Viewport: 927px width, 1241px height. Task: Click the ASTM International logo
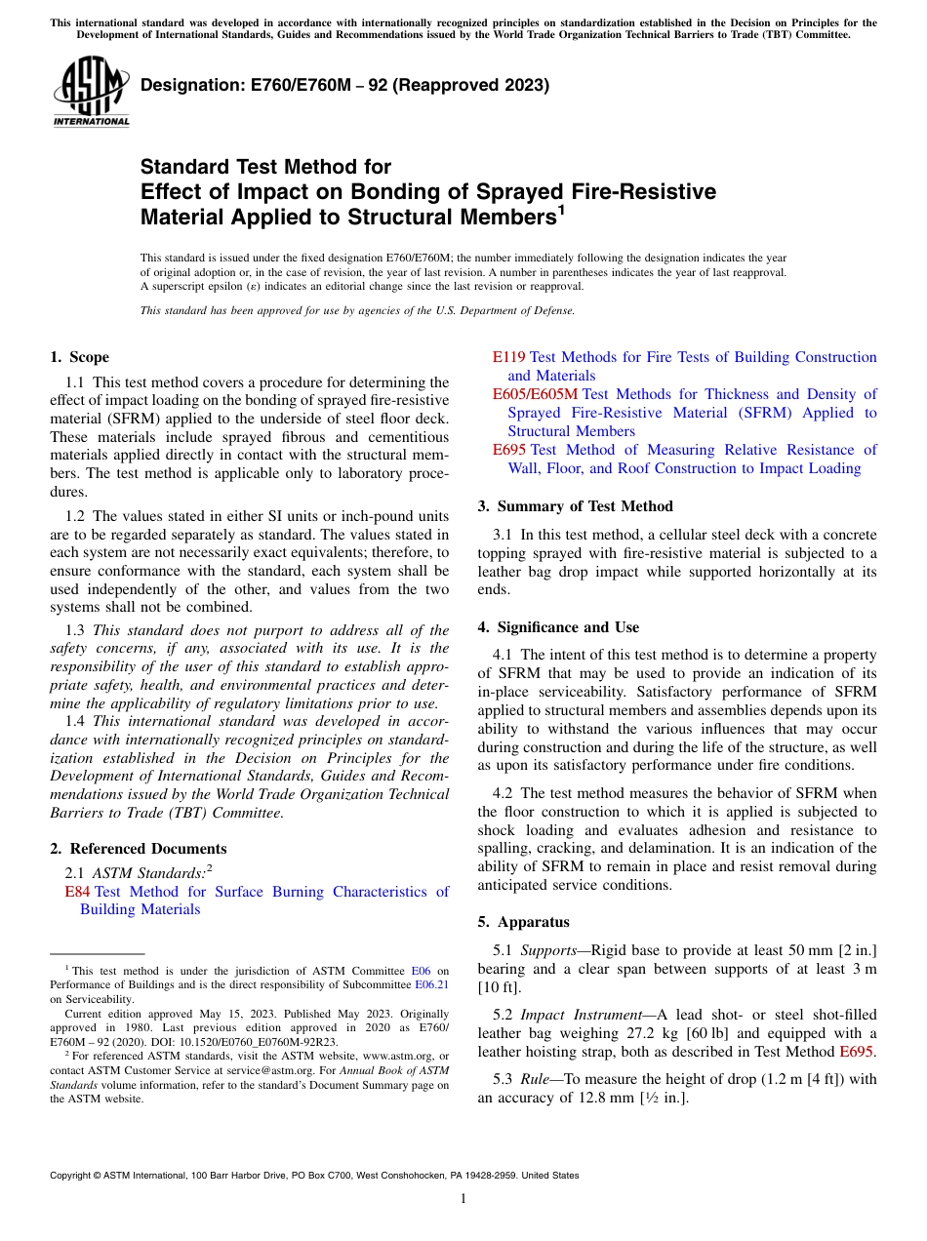click(91, 92)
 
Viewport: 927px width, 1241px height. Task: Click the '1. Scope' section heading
click(79, 357)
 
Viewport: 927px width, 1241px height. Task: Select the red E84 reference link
click(77, 892)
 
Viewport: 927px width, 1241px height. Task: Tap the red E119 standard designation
click(508, 357)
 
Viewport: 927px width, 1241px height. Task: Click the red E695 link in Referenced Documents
click(508, 450)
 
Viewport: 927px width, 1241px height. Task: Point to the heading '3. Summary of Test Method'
click(575, 506)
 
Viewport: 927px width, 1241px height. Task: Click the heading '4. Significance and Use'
click(558, 627)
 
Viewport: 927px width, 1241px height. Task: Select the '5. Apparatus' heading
click(523, 922)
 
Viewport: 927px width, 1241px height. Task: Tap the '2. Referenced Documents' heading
click(138, 849)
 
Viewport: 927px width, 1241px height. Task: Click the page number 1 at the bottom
click(463, 1198)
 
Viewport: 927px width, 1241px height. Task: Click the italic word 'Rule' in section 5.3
click(535, 1080)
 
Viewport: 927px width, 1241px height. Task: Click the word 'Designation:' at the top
click(194, 85)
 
